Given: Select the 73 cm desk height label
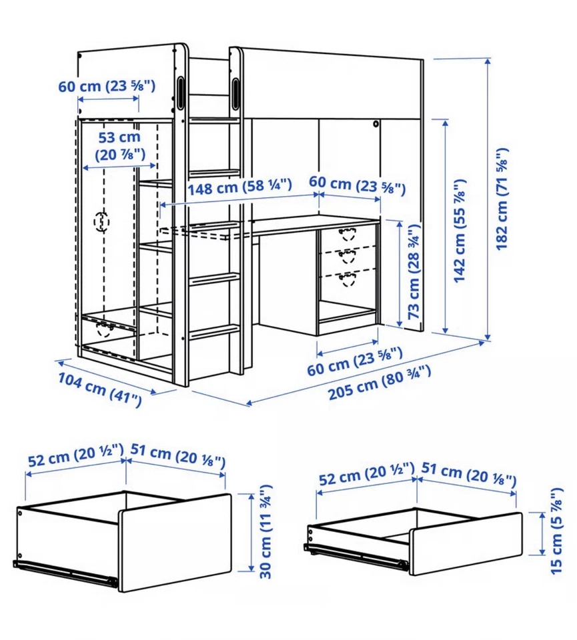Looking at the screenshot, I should click(414, 273).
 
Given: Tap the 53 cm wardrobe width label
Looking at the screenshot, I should click(119, 146).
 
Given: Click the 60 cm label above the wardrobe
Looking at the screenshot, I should click(107, 86).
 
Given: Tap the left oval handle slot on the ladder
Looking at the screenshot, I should click(181, 91).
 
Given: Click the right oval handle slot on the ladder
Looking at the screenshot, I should click(235, 91).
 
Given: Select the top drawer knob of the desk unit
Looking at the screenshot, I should click(347, 233).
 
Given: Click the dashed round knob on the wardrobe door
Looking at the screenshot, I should click(101, 221).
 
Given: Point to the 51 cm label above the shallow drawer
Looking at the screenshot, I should click(469, 475).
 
